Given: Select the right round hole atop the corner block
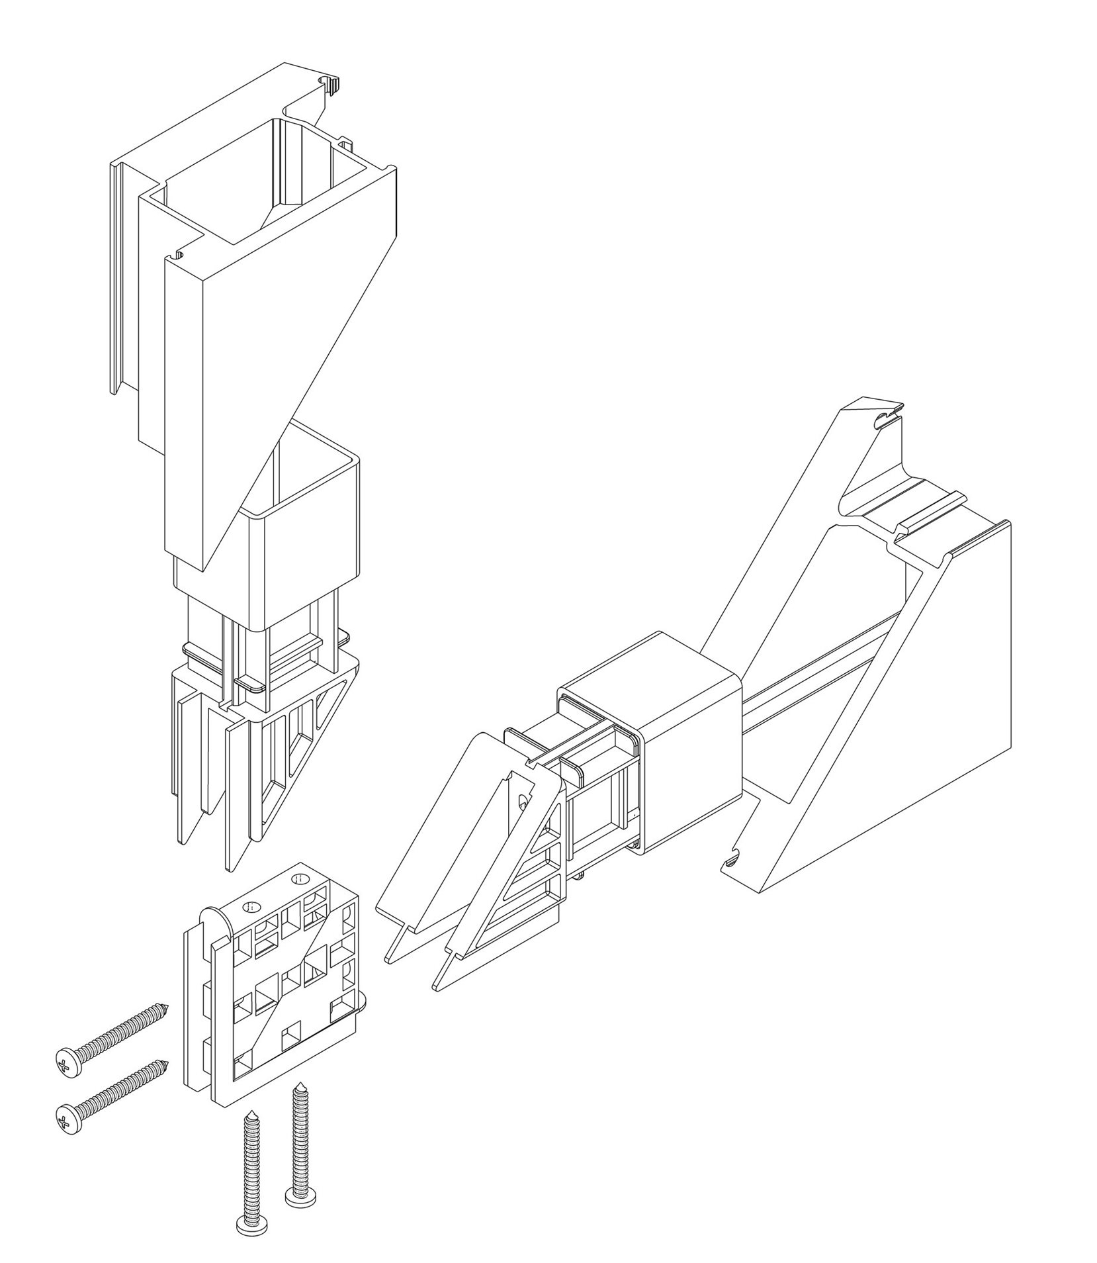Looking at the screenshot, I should pyautogui.click(x=299, y=878).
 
